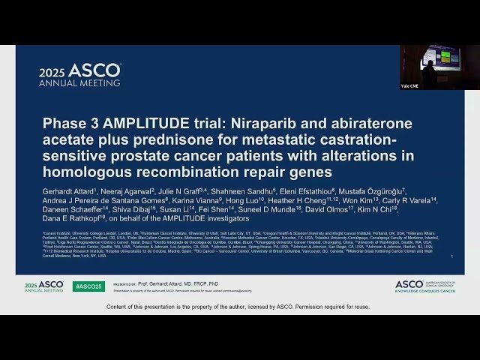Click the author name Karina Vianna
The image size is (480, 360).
tap(196, 202)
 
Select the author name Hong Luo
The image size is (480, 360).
tap(241, 202)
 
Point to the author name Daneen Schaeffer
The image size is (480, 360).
tap(73, 212)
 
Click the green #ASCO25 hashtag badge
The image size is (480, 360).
tap(88, 286)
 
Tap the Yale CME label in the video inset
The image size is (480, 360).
tap(410, 85)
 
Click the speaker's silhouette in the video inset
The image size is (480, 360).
tap(427, 72)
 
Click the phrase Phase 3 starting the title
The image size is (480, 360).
tap(64, 123)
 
